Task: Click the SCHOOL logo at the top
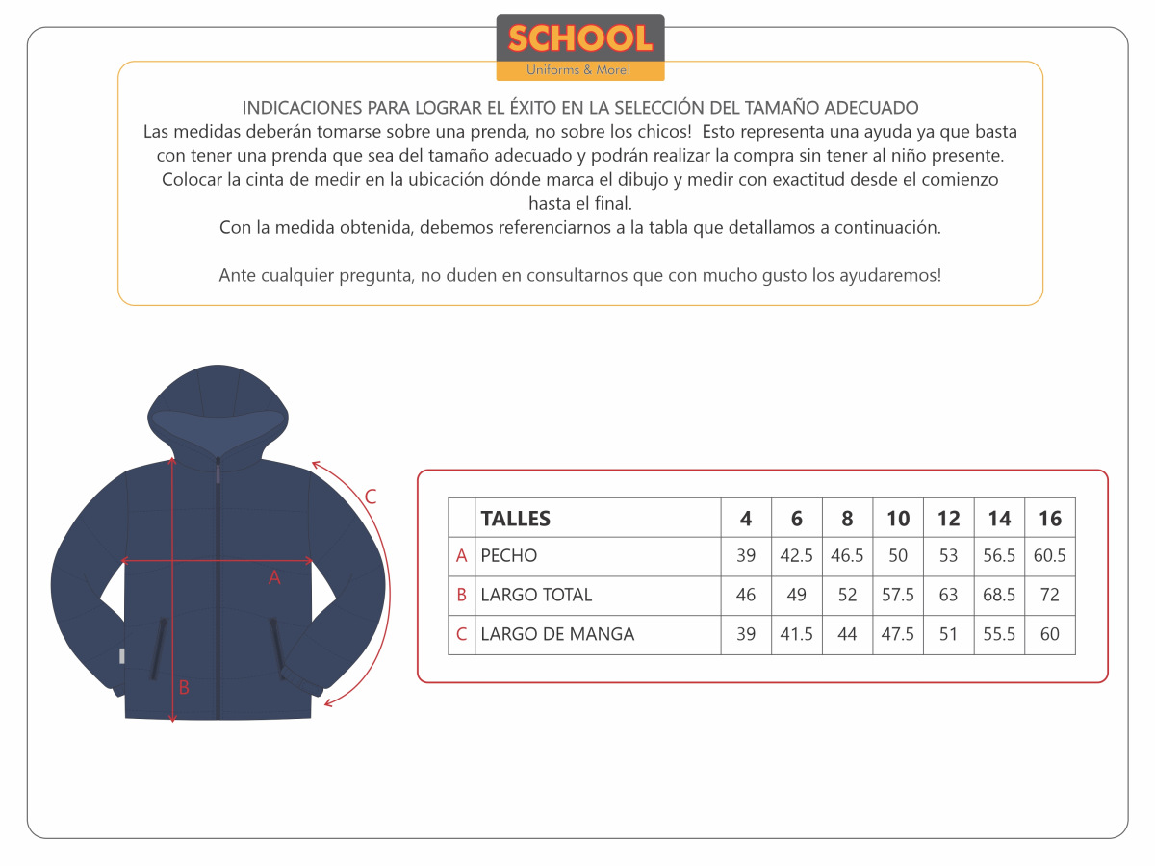(580, 47)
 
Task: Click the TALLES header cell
(516, 519)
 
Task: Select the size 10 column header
(898, 519)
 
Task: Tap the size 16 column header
(1050, 519)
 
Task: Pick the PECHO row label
(509, 556)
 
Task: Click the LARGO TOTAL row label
(536, 596)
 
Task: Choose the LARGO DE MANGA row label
(557, 634)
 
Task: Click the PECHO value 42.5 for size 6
(797, 556)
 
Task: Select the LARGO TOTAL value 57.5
(898, 596)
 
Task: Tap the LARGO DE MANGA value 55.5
(999, 634)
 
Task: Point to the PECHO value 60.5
(1050, 556)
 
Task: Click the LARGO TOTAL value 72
(1050, 596)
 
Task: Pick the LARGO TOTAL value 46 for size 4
(746, 596)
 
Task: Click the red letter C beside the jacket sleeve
(371, 497)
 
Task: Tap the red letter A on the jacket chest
(274, 577)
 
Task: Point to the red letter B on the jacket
(184, 687)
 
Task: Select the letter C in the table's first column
(462, 634)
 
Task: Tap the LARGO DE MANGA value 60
(1050, 634)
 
